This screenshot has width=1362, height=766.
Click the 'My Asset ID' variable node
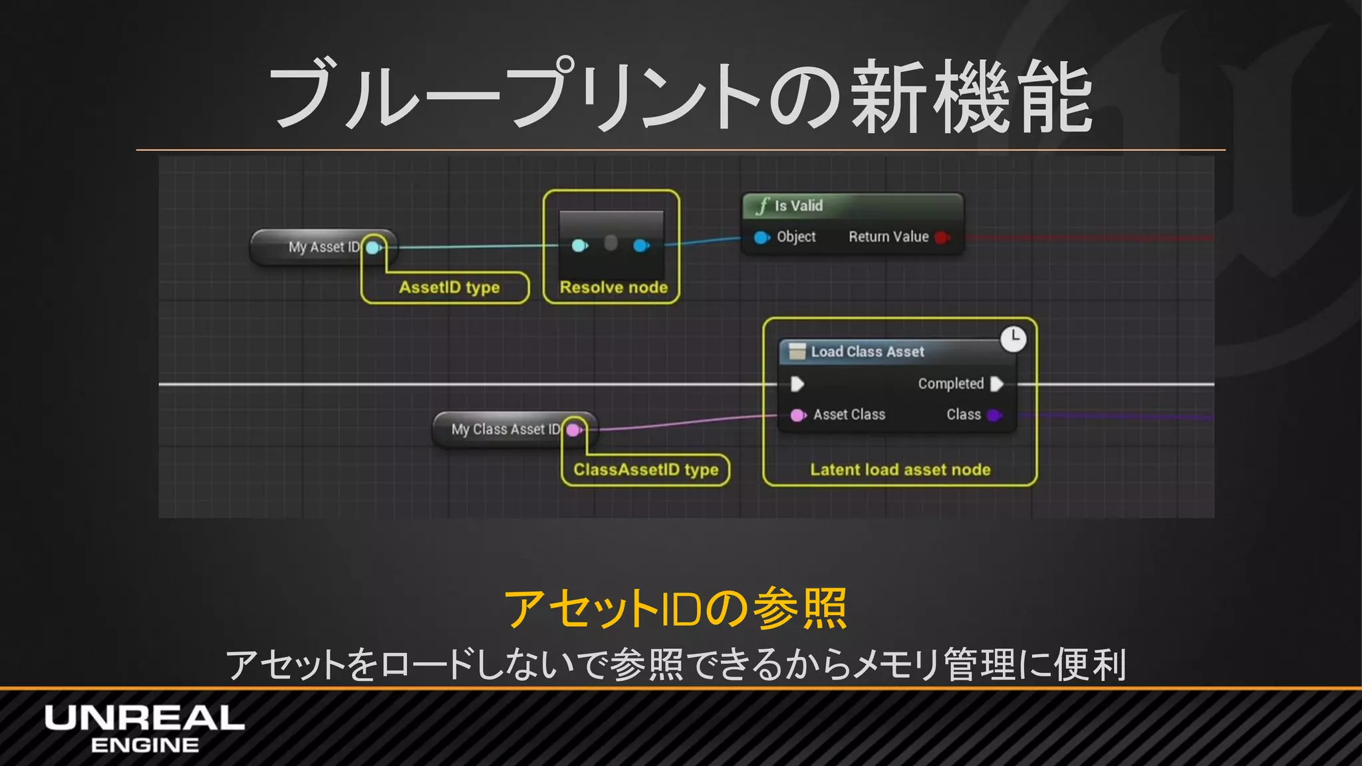pos(323,247)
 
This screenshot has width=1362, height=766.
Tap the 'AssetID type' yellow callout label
pos(449,287)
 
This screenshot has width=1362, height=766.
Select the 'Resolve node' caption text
pos(613,287)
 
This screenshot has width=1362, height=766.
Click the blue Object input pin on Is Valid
pos(761,237)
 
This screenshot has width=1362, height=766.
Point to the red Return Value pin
pos(941,237)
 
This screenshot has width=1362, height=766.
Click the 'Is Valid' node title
pos(798,206)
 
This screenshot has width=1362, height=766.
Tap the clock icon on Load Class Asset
pos(1013,338)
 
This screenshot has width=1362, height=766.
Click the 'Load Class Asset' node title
pos(867,352)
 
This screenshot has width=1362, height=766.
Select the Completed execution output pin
pos(996,384)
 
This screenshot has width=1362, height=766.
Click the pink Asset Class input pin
pos(797,416)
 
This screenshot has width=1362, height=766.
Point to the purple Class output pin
pos(994,416)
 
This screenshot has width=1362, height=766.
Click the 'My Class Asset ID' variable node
pos(505,430)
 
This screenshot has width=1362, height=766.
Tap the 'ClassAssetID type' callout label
pos(646,470)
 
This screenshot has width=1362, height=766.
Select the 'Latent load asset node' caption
pos(900,470)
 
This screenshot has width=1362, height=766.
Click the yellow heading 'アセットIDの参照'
pos(676,608)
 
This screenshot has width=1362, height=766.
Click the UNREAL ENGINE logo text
pos(144,729)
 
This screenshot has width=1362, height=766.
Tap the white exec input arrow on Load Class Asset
pos(797,384)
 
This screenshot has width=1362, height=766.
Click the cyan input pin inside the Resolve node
pos(579,246)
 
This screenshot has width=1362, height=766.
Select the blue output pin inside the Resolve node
pos(640,246)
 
